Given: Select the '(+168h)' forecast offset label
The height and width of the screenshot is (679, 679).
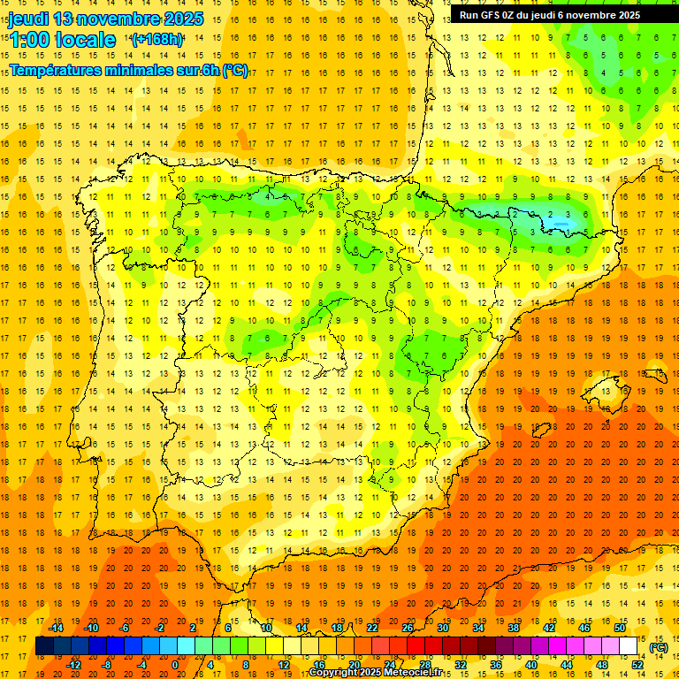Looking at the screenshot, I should [157, 40].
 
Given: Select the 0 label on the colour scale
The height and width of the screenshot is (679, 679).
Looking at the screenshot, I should [175, 665].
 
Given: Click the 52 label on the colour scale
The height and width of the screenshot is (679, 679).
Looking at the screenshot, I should [637, 665].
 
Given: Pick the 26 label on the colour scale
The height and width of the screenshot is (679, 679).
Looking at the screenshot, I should [408, 628].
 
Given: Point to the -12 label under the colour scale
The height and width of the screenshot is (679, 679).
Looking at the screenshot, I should [73, 665].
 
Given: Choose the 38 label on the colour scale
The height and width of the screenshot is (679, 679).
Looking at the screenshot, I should [514, 628].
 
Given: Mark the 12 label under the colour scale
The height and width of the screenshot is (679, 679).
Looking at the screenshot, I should [284, 665].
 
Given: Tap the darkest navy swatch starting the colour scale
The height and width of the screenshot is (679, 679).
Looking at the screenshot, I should [45, 646].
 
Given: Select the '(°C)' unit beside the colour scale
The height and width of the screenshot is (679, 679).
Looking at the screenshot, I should [659, 647].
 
